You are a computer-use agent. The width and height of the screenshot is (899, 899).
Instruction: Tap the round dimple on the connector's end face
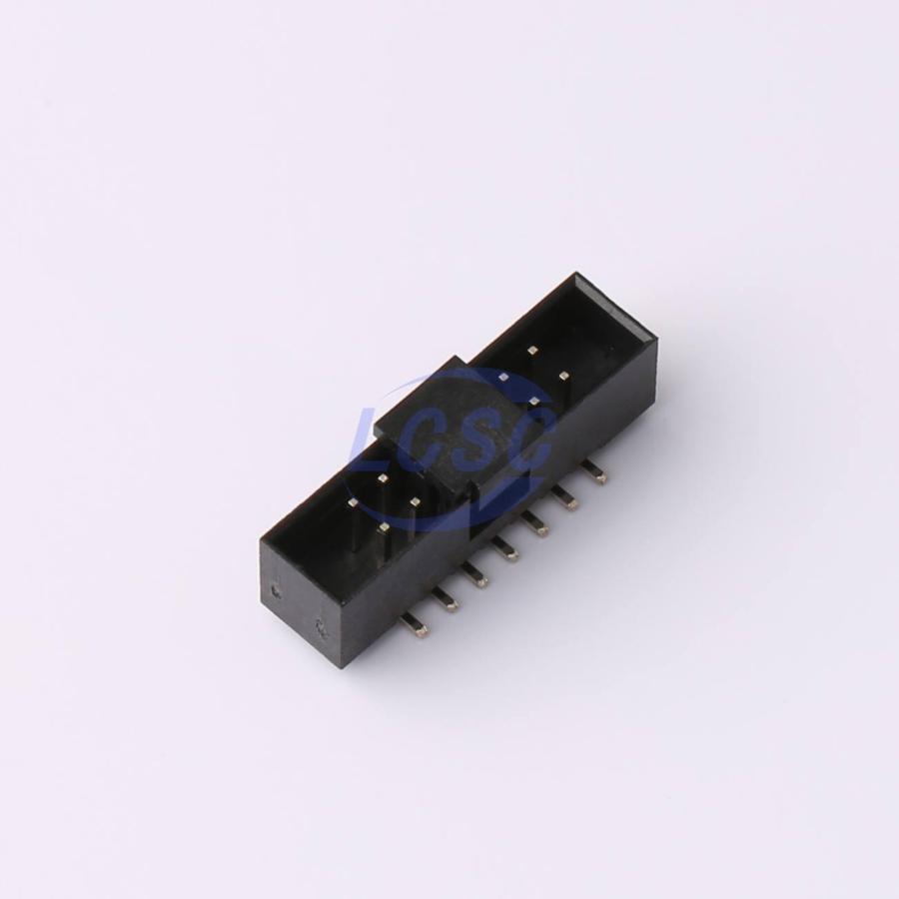277,590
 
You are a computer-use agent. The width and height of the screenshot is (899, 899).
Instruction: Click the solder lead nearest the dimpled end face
416,626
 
